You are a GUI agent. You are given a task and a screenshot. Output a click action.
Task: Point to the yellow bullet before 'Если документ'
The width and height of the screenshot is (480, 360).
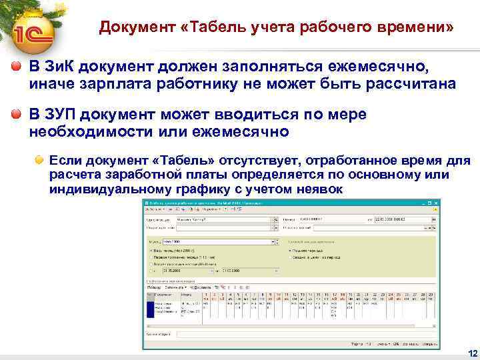(x=41, y=161)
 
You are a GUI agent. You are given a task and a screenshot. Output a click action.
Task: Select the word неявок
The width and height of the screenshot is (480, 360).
(x=317, y=189)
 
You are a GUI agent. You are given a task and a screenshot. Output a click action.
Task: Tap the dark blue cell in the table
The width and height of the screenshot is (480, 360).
(x=149, y=309)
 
